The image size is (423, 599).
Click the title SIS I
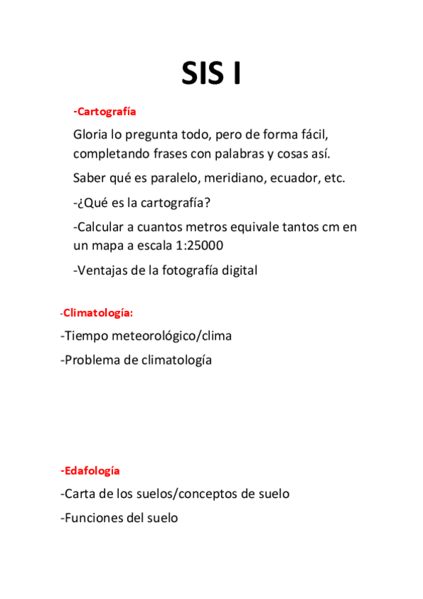211,73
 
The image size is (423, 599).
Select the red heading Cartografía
105,112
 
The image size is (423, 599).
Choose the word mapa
106,245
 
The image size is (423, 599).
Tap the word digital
238,269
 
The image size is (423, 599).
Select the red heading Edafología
91,470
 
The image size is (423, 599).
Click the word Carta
78,494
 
